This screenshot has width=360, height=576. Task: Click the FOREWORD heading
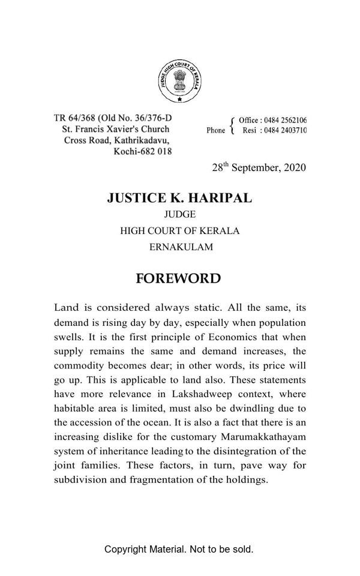pyautogui.click(x=178, y=279)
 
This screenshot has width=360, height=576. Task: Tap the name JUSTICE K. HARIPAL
pyautogui.click(x=179, y=198)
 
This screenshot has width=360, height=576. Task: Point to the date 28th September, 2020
pyautogui.click(x=259, y=167)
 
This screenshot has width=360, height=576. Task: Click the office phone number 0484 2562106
pyautogui.click(x=285, y=121)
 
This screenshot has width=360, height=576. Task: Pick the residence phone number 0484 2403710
pyautogui.click(x=285, y=130)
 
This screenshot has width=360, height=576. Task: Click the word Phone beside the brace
pyautogui.click(x=216, y=130)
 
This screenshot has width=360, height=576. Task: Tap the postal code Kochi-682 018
pyautogui.click(x=142, y=151)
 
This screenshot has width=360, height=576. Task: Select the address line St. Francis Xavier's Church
pyautogui.click(x=115, y=129)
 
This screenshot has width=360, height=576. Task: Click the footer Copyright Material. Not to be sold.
pyautogui.click(x=179, y=549)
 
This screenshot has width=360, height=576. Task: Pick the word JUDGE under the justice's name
pyautogui.click(x=180, y=215)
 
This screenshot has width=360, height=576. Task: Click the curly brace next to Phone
pyautogui.click(x=232, y=125)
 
